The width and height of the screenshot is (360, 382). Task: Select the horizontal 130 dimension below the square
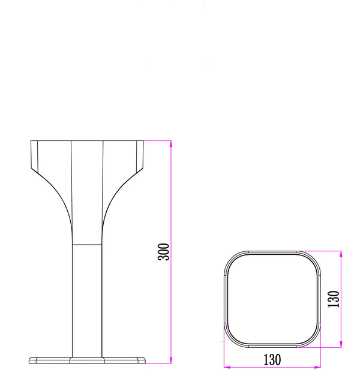(271, 360)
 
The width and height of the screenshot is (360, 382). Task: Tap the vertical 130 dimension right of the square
(334, 298)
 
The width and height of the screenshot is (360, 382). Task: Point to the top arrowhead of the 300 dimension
(171, 143)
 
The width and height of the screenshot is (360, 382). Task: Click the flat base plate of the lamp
(88, 360)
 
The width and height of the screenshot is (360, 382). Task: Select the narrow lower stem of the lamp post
(88, 300)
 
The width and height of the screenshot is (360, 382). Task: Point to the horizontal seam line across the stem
(88, 245)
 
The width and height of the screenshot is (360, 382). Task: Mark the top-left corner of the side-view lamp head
(31, 141)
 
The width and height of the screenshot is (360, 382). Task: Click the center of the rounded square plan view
(272, 299)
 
